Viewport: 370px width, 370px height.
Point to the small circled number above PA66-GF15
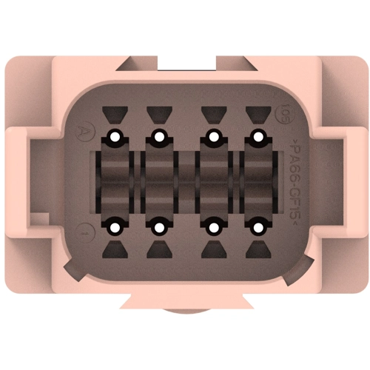pyautogui.click(x=284, y=116)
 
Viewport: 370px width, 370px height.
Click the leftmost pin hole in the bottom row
pyautogui.click(x=114, y=227)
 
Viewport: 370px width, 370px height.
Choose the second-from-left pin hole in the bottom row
pyautogui.click(x=158, y=227)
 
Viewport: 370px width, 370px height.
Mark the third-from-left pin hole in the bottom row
pyautogui.click(x=213, y=227)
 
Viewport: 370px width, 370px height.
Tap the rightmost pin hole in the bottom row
pyautogui.click(x=257, y=227)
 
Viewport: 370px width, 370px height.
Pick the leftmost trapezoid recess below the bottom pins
pyautogui.click(x=114, y=249)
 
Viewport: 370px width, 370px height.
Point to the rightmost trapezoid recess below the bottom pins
pyautogui.click(x=257, y=249)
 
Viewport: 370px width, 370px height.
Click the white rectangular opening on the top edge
pyautogui.click(x=185, y=65)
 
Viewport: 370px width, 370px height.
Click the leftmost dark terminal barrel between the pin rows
pyautogui.click(x=114, y=181)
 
